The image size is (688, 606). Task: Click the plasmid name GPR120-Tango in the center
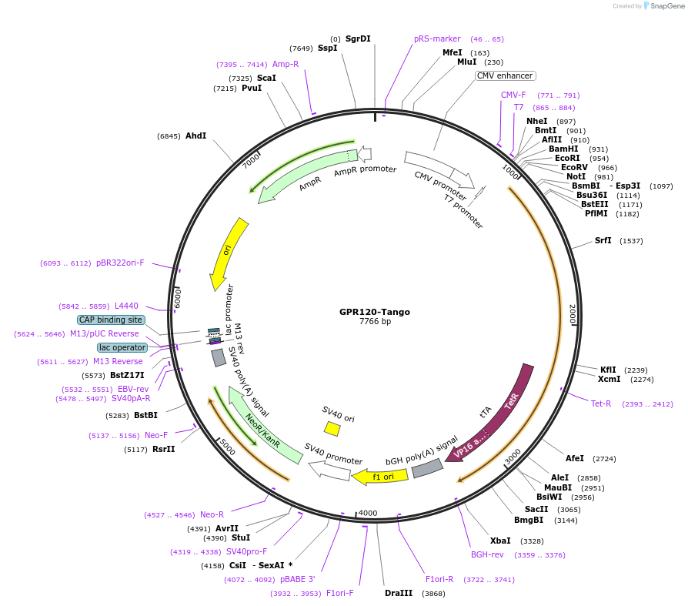(375, 312)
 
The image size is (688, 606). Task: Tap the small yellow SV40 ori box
(332, 428)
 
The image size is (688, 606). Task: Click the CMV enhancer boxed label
(505, 75)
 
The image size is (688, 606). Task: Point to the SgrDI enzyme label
(358, 39)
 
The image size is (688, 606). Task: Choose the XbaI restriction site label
(500, 541)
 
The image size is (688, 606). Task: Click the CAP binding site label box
(110, 320)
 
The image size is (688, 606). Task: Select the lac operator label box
(122, 347)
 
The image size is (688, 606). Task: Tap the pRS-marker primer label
(437, 39)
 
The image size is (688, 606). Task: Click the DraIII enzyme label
(399, 593)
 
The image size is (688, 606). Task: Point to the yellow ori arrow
(229, 254)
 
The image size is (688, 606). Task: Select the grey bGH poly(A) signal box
(427, 468)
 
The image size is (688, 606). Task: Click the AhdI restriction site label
(195, 136)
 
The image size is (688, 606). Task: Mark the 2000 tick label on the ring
(572, 313)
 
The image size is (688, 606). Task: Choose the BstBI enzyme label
(145, 415)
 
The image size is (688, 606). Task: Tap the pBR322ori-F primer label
(120, 263)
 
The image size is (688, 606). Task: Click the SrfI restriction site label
(603, 240)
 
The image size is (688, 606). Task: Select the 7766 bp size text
(375, 321)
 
